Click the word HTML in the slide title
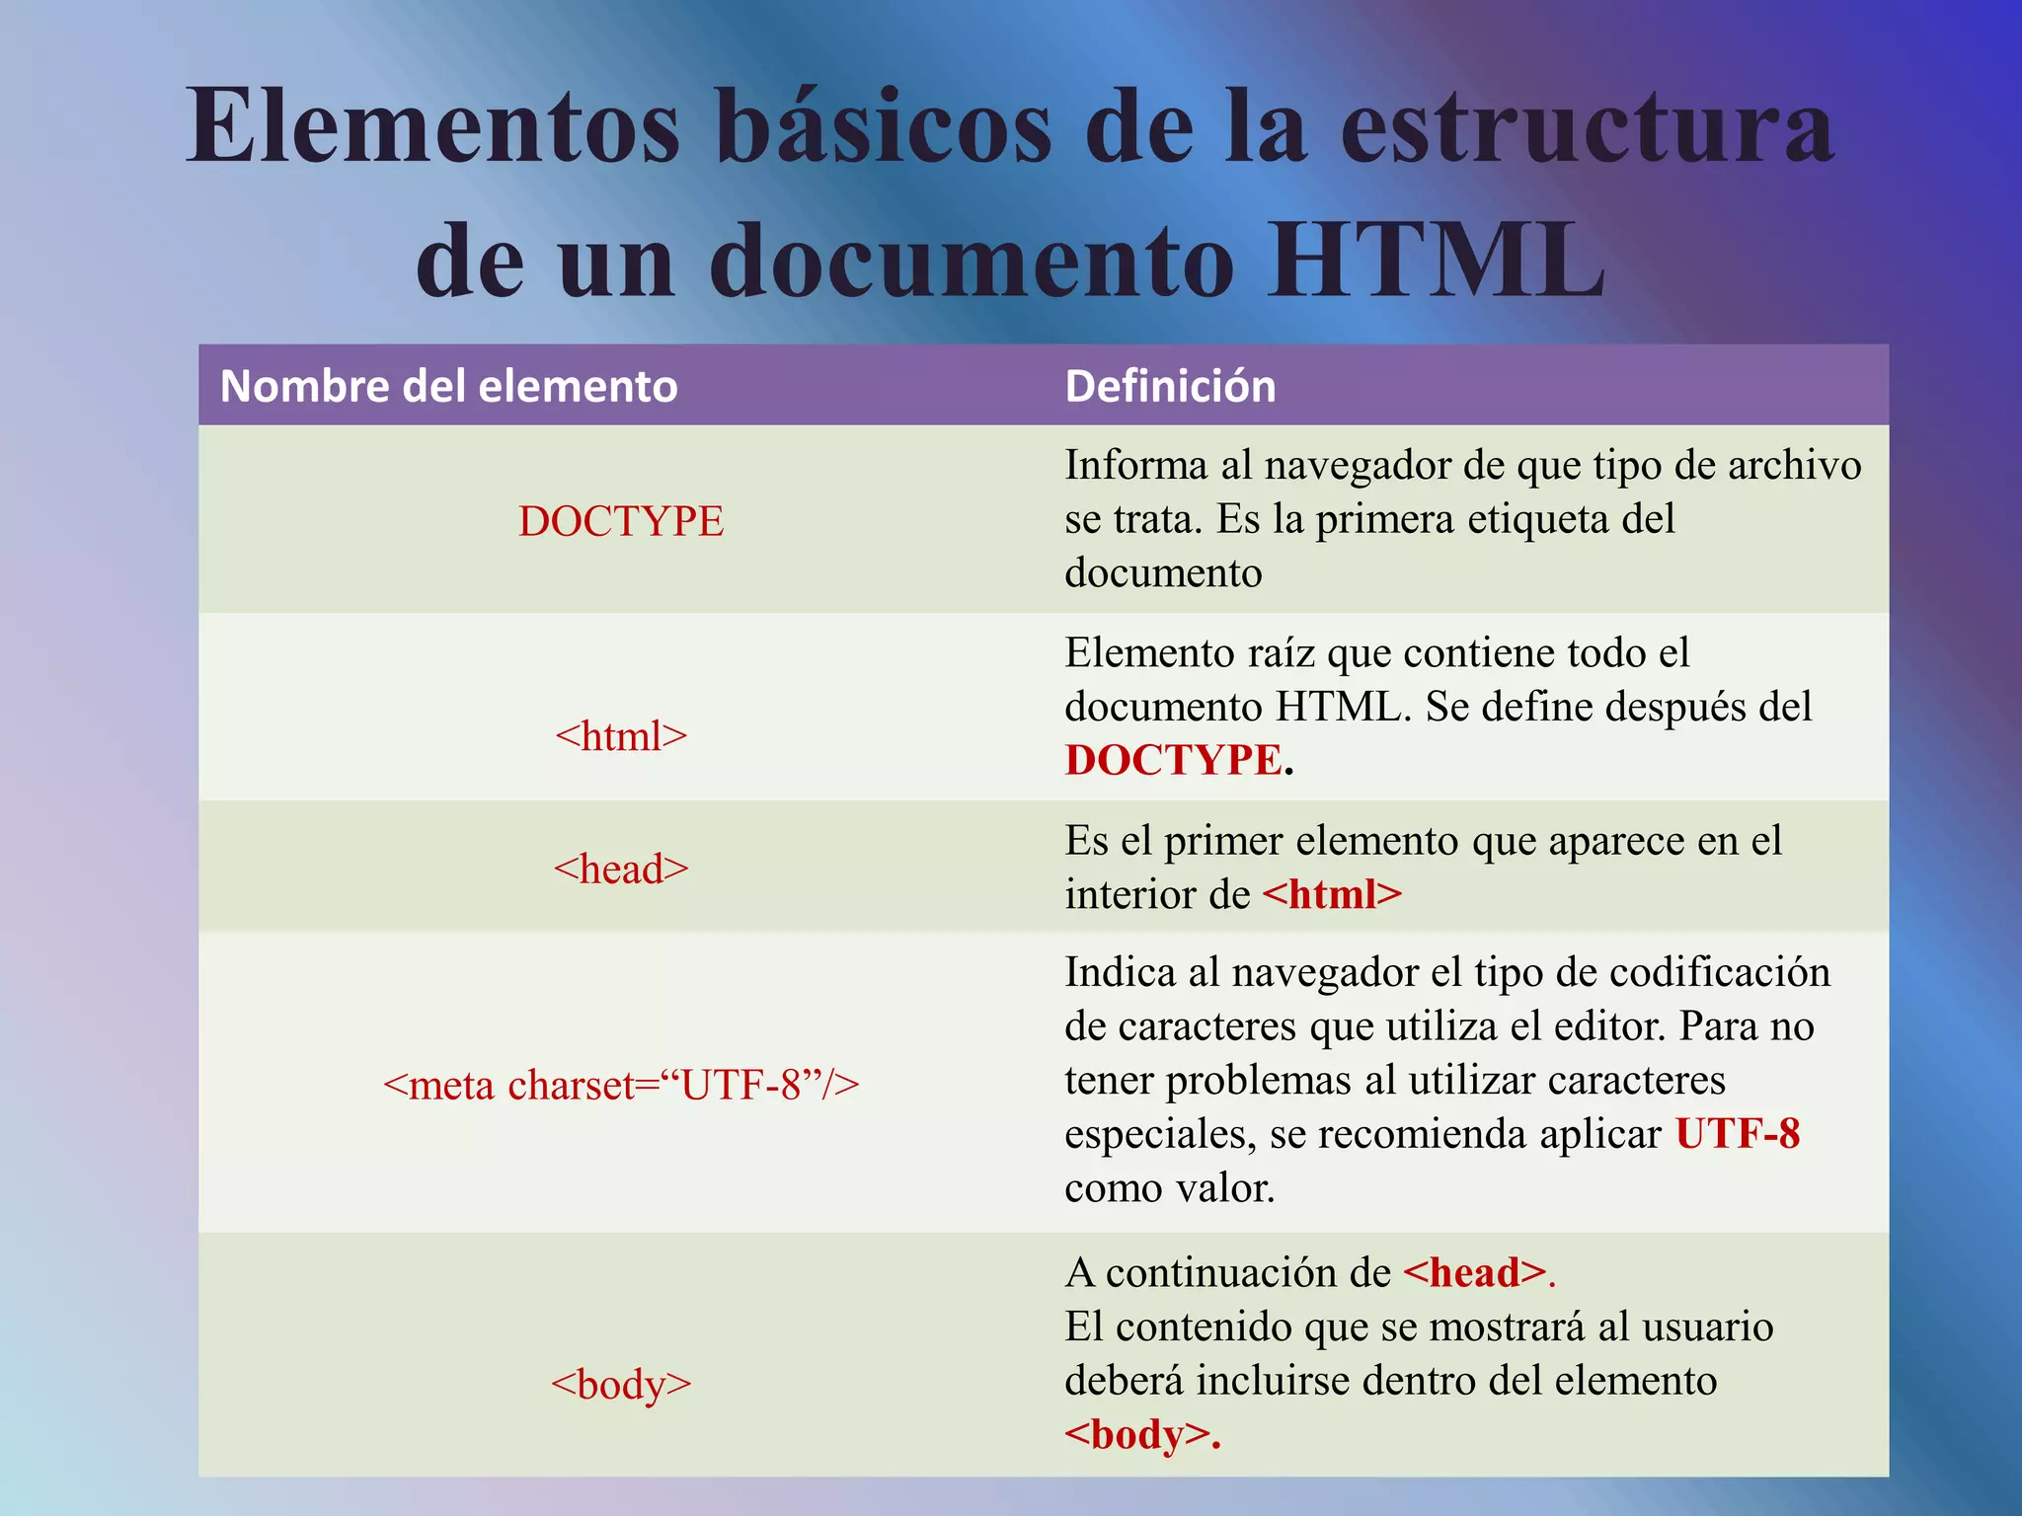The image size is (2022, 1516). coord(1438,261)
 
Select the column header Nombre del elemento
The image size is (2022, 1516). coord(448,386)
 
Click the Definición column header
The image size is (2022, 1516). coord(1170,386)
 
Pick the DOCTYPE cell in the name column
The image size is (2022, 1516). coord(621,521)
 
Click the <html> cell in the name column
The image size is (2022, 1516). coord(621,736)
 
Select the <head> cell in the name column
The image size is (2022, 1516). coord(621,869)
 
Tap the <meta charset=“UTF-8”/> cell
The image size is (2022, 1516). coord(621,1085)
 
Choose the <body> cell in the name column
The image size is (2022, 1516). coord(621,1384)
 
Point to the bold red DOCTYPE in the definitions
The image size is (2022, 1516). coord(1173,760)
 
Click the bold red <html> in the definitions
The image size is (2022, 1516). coord(1332,894)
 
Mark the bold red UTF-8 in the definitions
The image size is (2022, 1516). coord(1738,1133)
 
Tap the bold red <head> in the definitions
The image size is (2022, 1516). coord(1474,1272)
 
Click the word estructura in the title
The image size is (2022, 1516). coord(1587,128)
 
